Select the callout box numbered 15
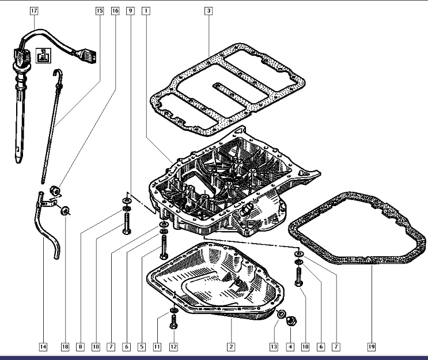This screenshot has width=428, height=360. coord(100,10)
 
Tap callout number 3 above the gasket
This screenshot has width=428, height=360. coord(208,10)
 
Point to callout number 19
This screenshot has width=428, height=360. coord(372,347)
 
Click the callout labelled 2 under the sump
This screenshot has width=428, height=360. coord(230,347)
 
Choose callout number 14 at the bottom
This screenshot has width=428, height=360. coord(42,347)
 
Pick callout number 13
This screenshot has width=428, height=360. coord(274,347)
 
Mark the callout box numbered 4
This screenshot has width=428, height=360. coord(290,347)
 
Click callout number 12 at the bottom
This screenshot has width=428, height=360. coord(173,347)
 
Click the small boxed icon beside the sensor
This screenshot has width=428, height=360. coord(42,56)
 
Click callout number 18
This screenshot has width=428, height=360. coord(65,347)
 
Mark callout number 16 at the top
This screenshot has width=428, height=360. coord(115,10)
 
